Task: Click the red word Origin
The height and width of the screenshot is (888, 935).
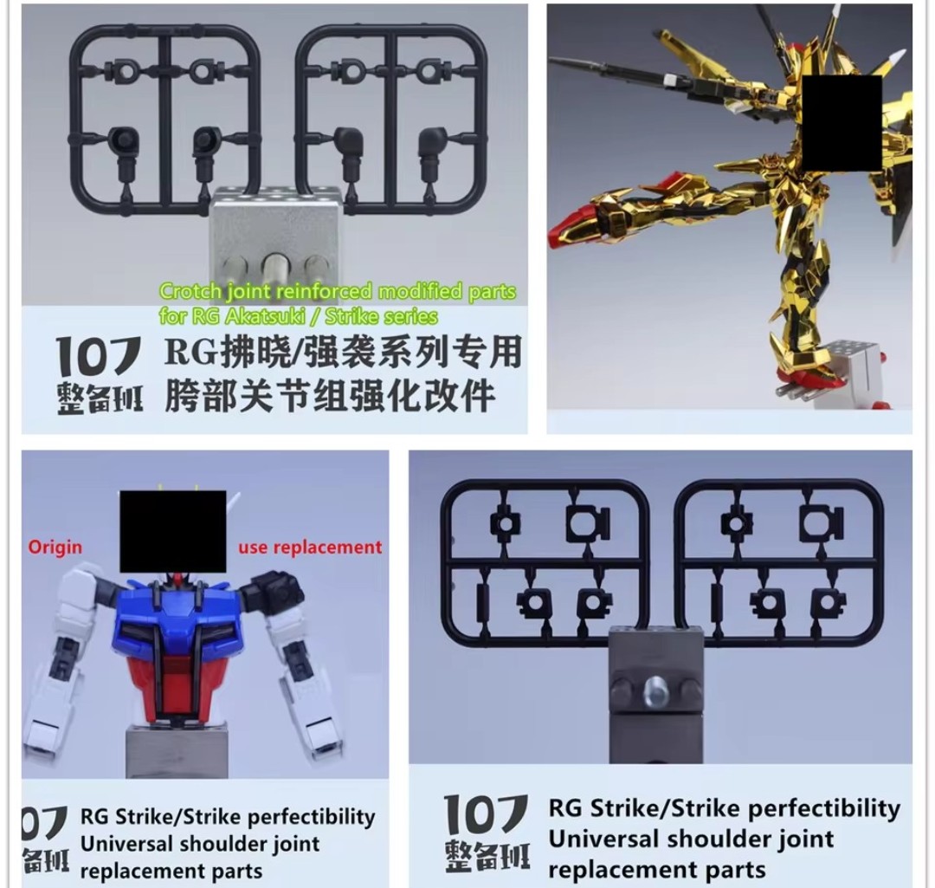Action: pos(55,548)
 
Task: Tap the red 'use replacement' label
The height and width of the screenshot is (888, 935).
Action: pos(310,548)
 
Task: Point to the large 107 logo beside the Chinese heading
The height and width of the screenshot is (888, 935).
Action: pos(99,356)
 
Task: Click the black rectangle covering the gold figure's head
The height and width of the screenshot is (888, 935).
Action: pos(842,123)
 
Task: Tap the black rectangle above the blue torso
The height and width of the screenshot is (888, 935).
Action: pos(173,531)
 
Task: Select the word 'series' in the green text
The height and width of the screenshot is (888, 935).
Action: pos(409,316)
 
